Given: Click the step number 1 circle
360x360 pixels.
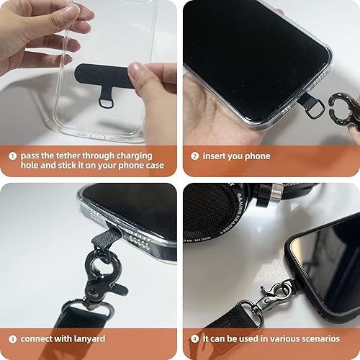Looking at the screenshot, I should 13,155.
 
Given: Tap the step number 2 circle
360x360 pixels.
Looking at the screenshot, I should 194,156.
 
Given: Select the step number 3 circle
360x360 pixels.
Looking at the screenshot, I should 13,338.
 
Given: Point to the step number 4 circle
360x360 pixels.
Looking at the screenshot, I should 194,338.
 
